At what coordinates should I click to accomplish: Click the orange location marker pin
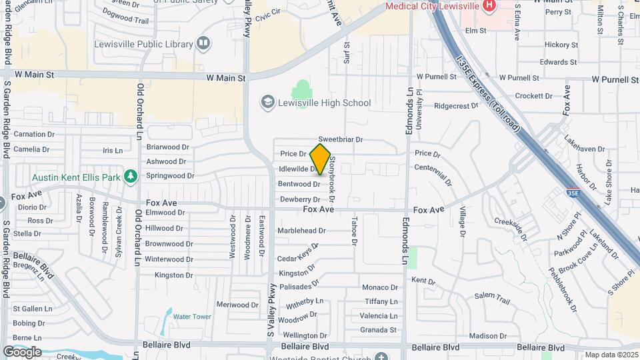point(321,159)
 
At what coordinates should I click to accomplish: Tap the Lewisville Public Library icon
point(203,45)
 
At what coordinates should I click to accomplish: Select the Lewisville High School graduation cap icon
point(267,103)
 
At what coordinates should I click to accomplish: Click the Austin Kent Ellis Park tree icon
point(131,177)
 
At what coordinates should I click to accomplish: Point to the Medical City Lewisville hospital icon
point(490,6)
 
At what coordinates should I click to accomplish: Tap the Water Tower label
point(192,317)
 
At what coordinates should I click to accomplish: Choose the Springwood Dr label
point(170,176)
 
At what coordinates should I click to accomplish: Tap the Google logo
point(22,351)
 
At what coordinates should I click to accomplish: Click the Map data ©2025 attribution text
point(611,355)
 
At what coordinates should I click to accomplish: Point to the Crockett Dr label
point(534,96)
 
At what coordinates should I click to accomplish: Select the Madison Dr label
point(489,335)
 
